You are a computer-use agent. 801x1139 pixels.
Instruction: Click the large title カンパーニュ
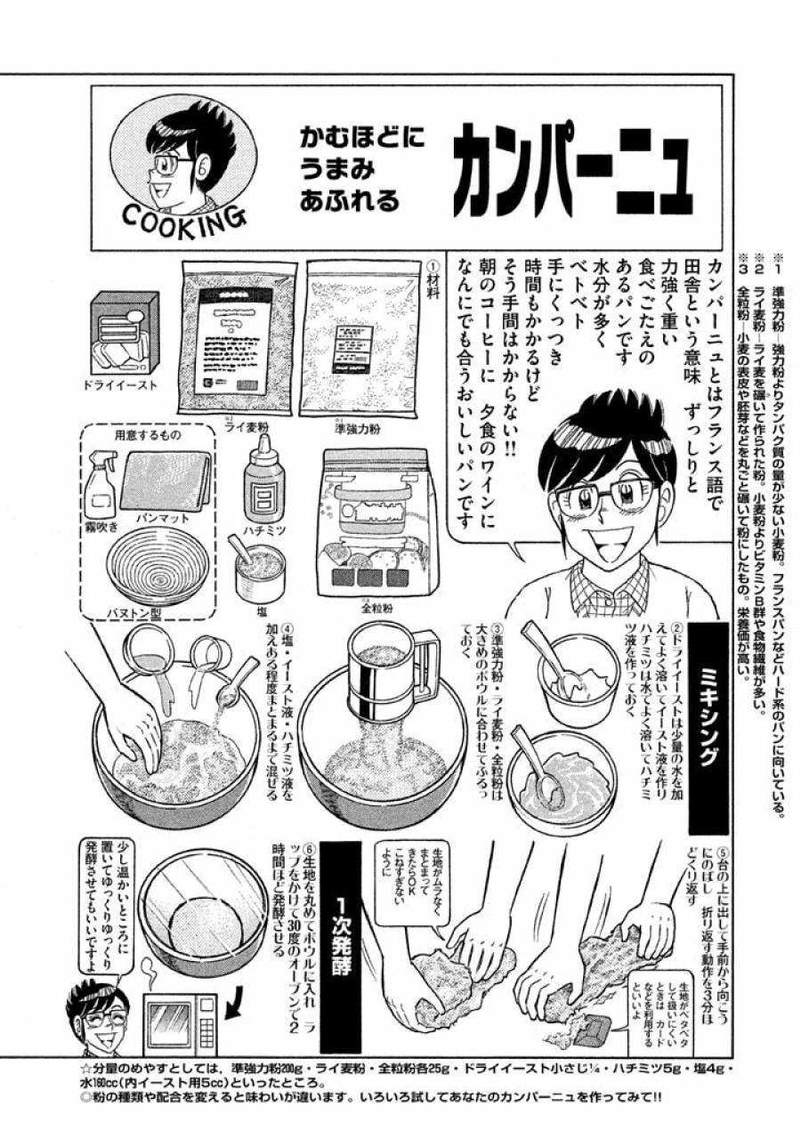pos(570,171)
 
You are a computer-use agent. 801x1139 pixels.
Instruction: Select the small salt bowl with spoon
pos(258,569)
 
